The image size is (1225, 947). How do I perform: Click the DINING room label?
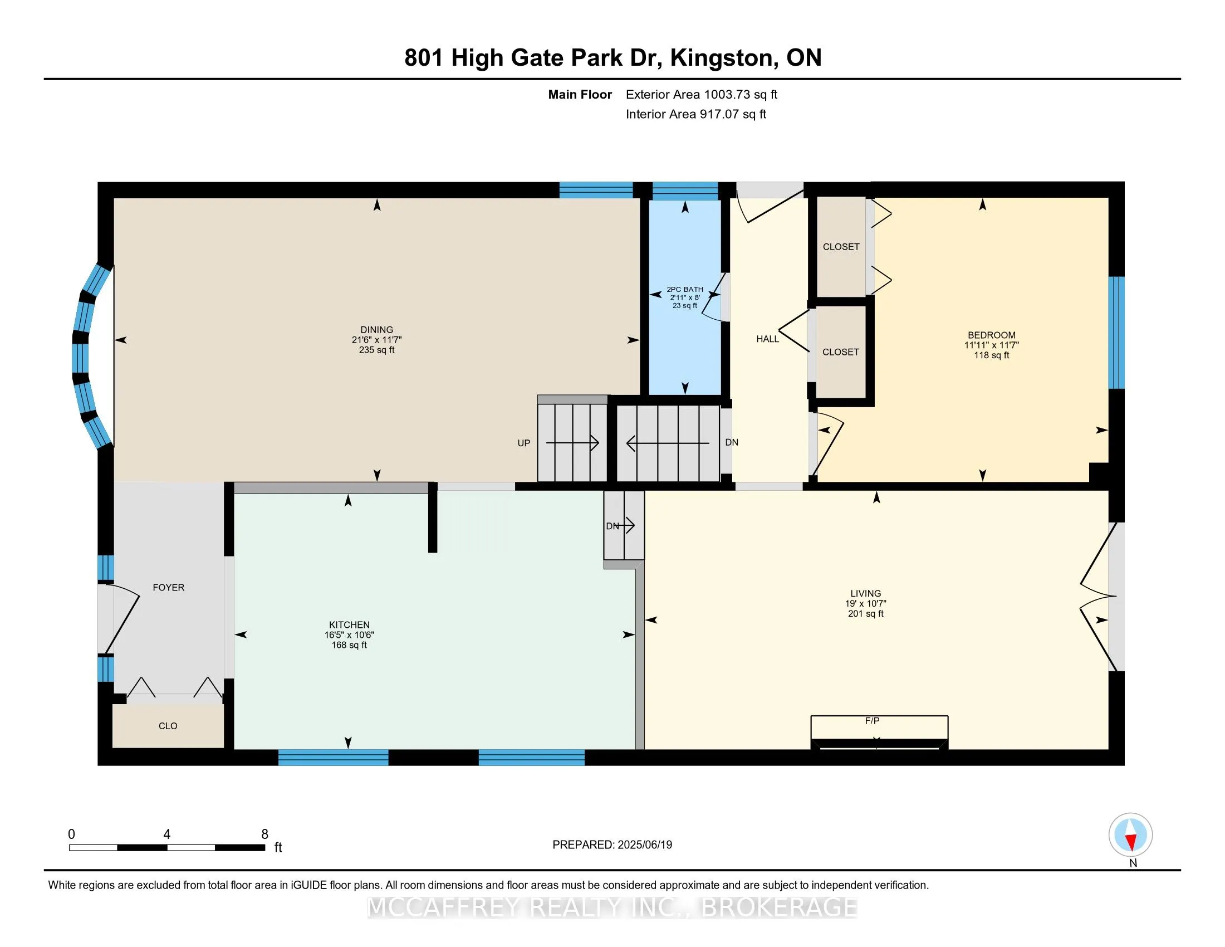click(x=377, y=330)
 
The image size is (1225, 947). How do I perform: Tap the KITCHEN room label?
click(x=349, y=625)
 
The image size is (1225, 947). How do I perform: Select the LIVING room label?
click(x=865, y=594)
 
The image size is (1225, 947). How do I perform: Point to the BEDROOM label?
click(x=992, y=335)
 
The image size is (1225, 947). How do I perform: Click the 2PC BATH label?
click(x=685, y=290)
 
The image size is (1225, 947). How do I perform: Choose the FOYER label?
click(x=168, y=587)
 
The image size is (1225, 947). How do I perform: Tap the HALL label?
click(x=767, y=339)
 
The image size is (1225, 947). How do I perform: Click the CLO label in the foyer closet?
click(x=168, y=726)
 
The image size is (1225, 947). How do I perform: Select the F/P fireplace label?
click(x=872, y=721)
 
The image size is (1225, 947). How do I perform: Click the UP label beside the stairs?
click(x=523, y=443)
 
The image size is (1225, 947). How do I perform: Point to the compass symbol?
click(x=1130, y=835)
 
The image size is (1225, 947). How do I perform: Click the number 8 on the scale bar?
click(x=264, y=834)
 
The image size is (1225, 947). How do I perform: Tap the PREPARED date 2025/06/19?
click(x=644, y=845)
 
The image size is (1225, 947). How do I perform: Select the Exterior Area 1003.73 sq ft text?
click(x=702, y=94)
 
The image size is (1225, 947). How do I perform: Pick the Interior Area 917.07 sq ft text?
click(x=696, y=114)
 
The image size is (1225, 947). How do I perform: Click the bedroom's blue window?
click(x=1117, y=333)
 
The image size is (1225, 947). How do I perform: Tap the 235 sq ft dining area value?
click(x=377, y=350)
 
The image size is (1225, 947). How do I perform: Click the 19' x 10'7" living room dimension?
click(x=865, y=604)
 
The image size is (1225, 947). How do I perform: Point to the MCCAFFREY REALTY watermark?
click(x=612, y=907)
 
